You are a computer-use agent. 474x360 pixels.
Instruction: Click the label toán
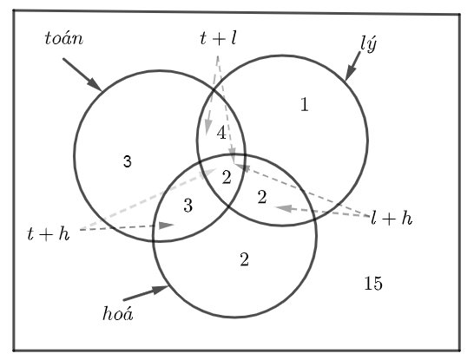tap(63, 39)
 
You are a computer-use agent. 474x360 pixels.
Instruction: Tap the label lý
tap(369, 44)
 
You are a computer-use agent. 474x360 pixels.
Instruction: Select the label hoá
tap(118, 313)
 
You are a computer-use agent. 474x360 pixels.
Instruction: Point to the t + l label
tap(218, 38)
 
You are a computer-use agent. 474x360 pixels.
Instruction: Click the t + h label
tap(49, 233)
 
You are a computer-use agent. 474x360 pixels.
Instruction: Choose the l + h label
tap(392, 218)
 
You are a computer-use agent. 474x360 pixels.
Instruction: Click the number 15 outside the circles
tap(373, 284)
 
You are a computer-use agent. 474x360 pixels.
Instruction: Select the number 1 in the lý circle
tap(305, 104)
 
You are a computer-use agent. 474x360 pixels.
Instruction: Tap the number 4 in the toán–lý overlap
tap(221, 133)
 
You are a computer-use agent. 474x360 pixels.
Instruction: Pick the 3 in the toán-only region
tap(128, 161)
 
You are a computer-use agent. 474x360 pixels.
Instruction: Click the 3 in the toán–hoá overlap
tap(188, 206)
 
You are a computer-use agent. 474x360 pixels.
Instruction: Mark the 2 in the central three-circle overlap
tap(227, 177)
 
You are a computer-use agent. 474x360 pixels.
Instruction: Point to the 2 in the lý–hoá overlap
tap(262, 197)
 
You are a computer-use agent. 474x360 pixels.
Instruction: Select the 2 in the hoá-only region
tap(244, 259)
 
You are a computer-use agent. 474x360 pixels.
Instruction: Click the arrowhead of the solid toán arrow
tap(95, 84)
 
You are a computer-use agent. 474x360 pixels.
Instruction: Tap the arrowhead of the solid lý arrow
tap(350, 74)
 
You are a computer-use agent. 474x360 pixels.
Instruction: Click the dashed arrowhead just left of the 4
tap(207, 127)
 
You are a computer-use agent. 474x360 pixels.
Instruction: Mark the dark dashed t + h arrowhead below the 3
tap(167, 225)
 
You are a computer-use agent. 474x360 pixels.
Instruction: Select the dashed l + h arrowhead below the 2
tap(284, 208)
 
